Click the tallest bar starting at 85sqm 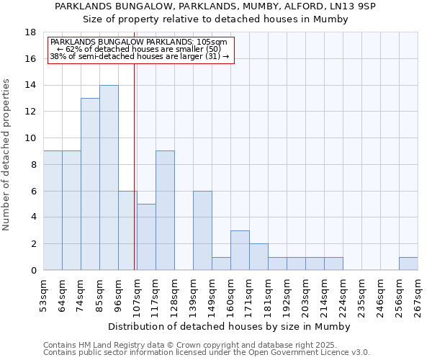pos(109,177)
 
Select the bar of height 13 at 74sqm pos(90,184)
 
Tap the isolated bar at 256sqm pos(408,264)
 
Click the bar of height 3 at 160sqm pos(240,250)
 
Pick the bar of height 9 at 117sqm pos(165,210)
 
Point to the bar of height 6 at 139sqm pos(202,230)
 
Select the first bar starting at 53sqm pos(53,210)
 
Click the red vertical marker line pos(135,166)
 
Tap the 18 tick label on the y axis pos(30,32)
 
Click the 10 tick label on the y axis pos(30,138)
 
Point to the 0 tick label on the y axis pos(33,270)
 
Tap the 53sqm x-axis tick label pos(43,294)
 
